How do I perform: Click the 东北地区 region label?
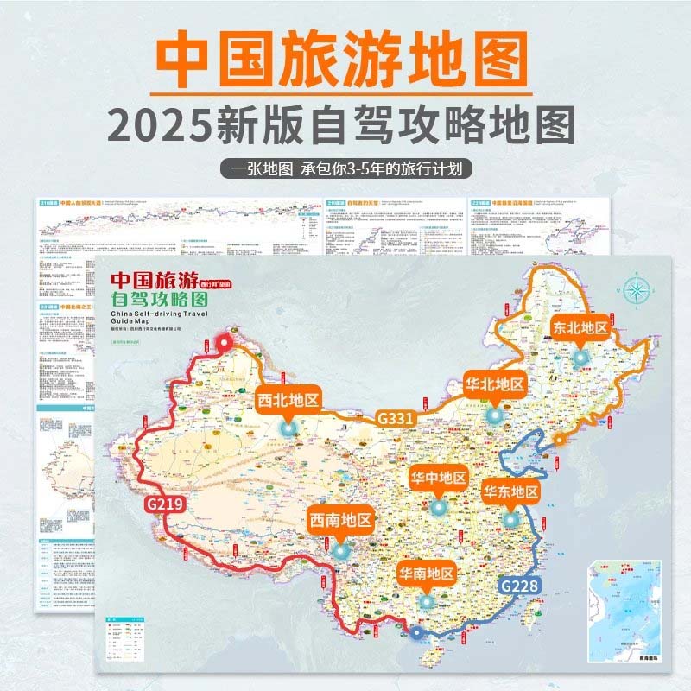[x=580, y=328]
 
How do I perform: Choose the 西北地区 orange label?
[x=288, y=400]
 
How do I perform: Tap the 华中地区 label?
[x=438, y=478]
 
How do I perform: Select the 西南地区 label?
[x=340, y=520]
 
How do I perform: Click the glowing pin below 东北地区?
[x=580, y=357]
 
